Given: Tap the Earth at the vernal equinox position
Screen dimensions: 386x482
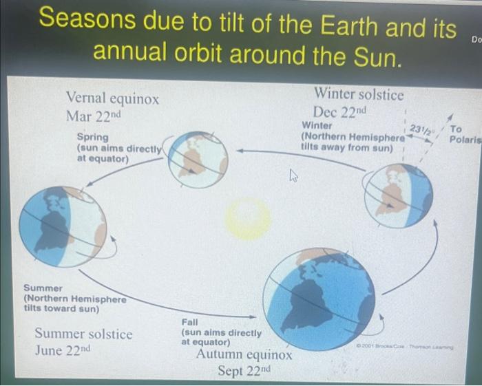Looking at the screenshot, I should [198, 156].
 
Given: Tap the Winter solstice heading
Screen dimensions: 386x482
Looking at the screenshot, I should [359, 93].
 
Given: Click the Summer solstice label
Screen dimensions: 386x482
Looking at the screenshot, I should [83, 334].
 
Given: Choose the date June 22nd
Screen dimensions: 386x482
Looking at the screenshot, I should [63, 350].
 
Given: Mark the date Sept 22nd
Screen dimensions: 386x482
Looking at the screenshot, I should [244, 372].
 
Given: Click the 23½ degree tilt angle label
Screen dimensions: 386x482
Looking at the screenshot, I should [419, 129].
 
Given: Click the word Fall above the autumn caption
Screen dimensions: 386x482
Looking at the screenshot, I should [190, 322].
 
